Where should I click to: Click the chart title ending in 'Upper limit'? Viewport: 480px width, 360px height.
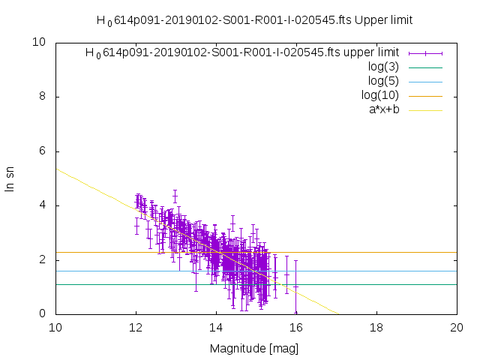[254, 20]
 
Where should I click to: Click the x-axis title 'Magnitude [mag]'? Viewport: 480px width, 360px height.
[256, 348]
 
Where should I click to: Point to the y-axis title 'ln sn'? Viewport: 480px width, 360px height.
[10, 178]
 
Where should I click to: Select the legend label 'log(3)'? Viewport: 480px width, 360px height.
[383, 67]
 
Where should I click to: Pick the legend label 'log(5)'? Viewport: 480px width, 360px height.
[383, 81]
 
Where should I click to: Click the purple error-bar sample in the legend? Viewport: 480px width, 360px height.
[425, 52]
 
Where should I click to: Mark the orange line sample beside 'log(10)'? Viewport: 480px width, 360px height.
[425, 95]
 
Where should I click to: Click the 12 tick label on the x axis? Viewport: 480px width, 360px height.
[136, 328]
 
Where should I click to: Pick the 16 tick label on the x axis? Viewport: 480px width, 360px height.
[296, 328]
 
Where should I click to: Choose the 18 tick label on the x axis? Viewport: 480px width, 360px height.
[376, 328]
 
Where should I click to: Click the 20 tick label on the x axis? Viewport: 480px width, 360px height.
[457, 328]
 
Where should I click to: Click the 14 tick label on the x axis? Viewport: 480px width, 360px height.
[216, 328]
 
